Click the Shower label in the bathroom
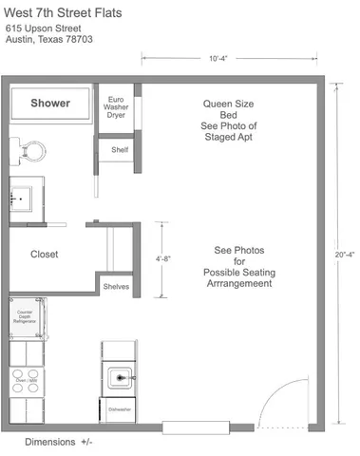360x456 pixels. [x=49, y=103]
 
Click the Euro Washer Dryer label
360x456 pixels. [x=115, y=107]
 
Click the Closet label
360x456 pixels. [x=45, y=255]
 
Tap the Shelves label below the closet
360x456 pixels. [x=116, y=287]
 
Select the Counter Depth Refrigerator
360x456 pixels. [x=27, y=317]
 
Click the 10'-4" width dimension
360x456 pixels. [x=218, y=58]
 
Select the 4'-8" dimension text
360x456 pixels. [x=163, y=257]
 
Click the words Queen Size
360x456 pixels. [x=229, y=103]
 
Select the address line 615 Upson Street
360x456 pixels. [x=44, y=29]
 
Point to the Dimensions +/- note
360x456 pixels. [x=59, y=442]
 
